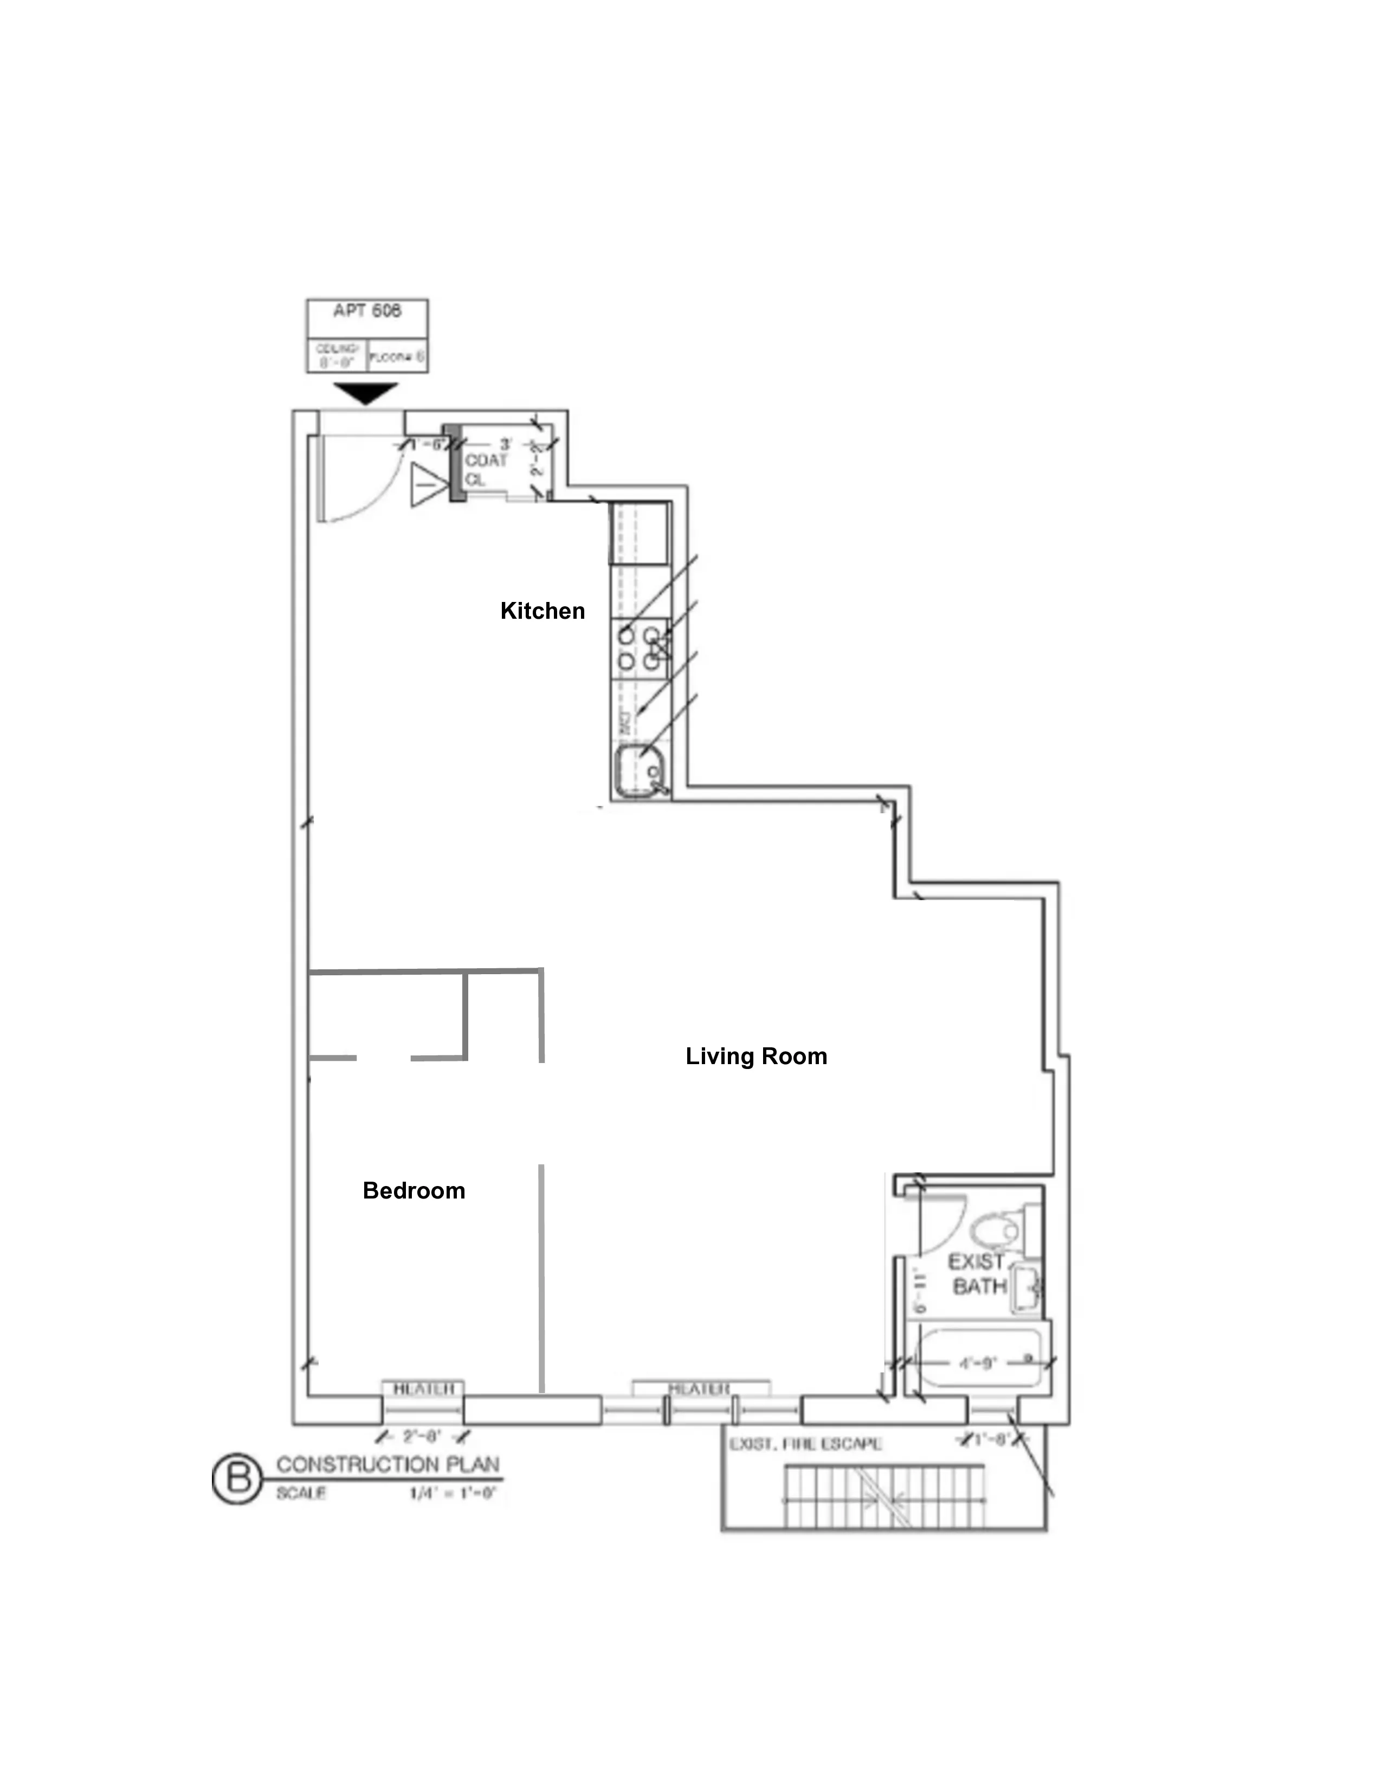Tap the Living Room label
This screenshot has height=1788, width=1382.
[755, 1056]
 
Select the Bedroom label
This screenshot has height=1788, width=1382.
[414, 1190]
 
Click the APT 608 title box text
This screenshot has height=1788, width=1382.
[367, 311]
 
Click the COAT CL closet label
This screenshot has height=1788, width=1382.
[486, 470]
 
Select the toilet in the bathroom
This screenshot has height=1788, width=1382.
[996, 1230]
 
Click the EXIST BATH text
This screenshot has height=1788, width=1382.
[978, 1274]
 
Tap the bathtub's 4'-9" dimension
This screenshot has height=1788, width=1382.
[977, 1363]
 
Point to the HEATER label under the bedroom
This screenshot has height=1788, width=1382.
[423, 1389]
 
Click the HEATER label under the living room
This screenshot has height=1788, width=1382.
[699, 1389]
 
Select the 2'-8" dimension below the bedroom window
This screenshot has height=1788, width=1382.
[422, 1436]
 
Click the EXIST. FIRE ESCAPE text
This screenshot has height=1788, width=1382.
[805, 1444]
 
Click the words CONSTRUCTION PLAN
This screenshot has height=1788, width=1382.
[388, 1465]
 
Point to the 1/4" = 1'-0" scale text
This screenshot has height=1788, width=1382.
[453, 1493]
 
